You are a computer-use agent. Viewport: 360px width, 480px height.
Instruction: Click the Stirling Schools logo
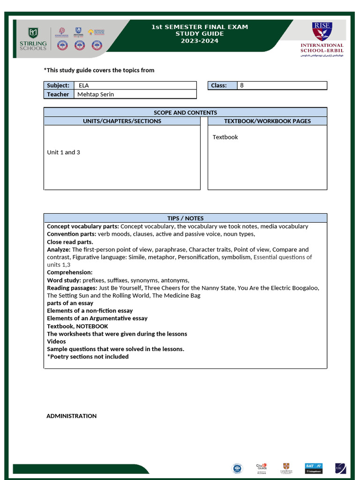coord(32,39)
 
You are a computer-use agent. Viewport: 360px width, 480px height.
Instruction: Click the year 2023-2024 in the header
coord(199,41)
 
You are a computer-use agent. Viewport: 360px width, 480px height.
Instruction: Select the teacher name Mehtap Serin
coord(96,94)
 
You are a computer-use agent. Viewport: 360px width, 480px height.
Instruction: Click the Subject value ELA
coord(83,85)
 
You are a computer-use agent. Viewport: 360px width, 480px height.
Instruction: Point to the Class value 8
coord(242,85)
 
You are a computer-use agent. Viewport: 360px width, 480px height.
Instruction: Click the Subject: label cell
coord(58,85)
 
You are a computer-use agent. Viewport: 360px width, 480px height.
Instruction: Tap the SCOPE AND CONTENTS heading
coord(185,112)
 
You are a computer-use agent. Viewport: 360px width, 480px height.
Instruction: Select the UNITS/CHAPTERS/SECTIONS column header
coord(122,121)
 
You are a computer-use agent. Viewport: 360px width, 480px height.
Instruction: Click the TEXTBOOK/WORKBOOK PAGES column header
coord(267,121)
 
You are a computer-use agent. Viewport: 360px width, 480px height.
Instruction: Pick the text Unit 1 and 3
coord(63,152)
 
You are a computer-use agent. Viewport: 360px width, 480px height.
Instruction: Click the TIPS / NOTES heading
coord(185,218)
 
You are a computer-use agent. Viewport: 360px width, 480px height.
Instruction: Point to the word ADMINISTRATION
coord(71,416)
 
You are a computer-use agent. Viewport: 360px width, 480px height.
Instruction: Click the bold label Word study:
coord(64,280)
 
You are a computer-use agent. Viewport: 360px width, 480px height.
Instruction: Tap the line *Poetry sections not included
coord(88,356)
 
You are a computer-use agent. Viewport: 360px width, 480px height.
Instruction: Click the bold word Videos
coord(56,341)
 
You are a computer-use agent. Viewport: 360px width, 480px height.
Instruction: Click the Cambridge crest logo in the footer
coord(286,467)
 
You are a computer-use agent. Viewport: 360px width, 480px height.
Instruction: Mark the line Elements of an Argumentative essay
coord(97,318)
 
